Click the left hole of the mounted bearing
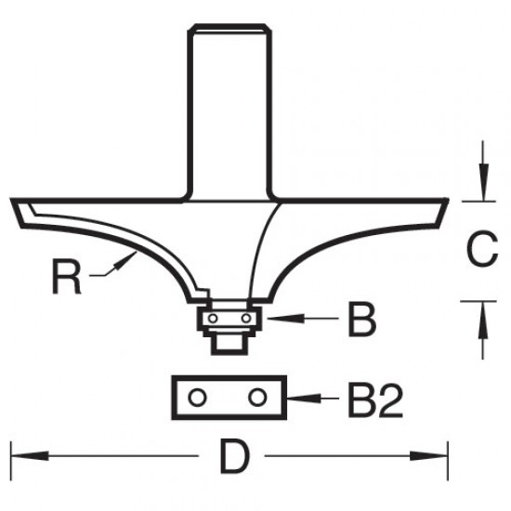pos(214,319)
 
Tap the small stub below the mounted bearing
pos(229,341)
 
